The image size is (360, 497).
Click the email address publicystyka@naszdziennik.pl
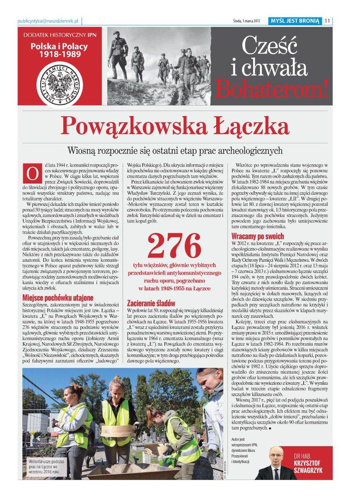tap(49, 21)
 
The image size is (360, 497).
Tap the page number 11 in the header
tap(327, 21)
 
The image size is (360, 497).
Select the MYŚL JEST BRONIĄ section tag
tap(295, 21)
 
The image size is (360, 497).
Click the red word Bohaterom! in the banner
tap(271, 88)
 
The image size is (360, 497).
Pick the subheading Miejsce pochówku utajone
tap(58, 297)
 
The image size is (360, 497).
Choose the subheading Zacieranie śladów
tap(151, 303)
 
